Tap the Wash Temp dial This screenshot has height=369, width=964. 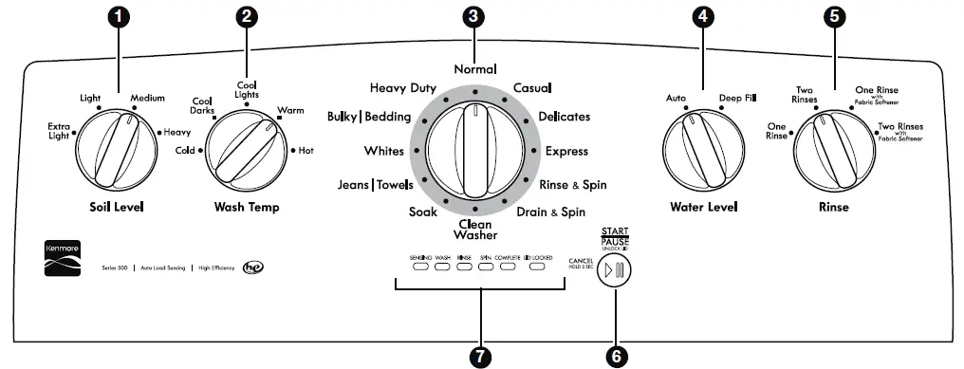[x=245, y=149]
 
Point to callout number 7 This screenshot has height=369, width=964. [x=481, y=354]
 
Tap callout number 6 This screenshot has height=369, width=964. [x=618, y=354]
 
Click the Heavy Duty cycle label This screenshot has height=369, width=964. [x=402, y=88]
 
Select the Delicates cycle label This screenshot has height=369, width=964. [x=564, y=117]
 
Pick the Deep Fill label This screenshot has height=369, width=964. [x=737, y=98]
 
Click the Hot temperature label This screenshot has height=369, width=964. [x=306, y=150]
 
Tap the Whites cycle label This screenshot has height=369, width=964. [x=383, y=151]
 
